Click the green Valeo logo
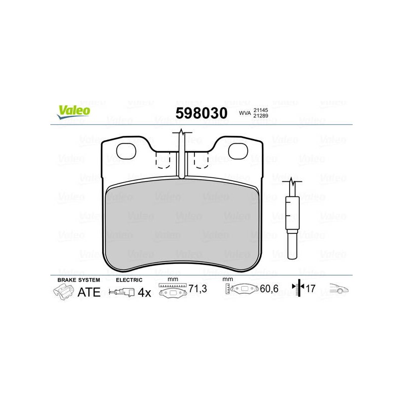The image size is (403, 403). [x=74, y=112]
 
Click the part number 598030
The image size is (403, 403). [x=201, y=113]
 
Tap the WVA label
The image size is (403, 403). [x=245, y=113]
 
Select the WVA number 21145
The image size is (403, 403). [x=260, y=110]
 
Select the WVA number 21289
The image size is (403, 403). [x=260, y=116]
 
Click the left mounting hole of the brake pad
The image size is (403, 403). [x=126, y=151]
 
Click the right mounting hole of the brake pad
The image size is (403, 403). [x=238, y=151]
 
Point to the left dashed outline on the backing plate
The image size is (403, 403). [x=163, y=160]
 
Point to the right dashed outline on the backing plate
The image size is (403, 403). [x=201, y=160]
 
